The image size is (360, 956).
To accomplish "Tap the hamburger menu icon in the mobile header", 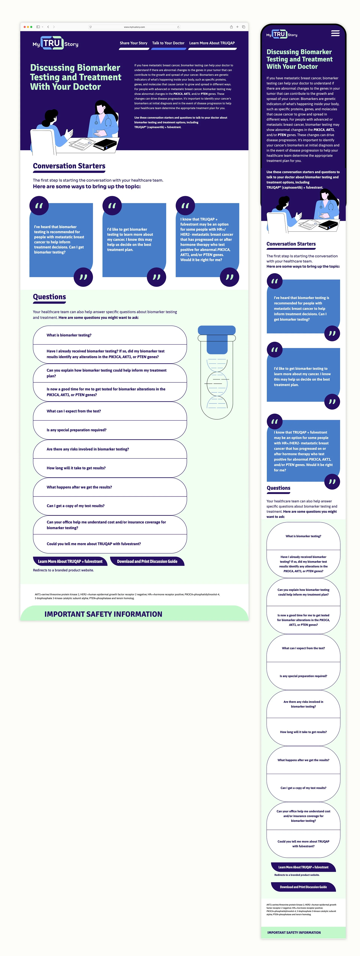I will tap(335, 33).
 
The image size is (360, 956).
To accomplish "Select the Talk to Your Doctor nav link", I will tap(168, 43).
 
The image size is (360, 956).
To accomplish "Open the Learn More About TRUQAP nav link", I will tap(212, 43).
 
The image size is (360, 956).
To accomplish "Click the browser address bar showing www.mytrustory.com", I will tap(134, 27).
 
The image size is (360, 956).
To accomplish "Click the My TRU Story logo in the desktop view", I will tap(55, 43).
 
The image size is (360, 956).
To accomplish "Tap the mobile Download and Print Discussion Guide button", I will tap(303, 887).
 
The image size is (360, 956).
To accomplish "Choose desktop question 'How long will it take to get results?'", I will tap(76, 468).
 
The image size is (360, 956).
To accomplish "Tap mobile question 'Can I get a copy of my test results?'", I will tap(303, 788).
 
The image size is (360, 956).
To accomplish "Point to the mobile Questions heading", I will tap(278, 488).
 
